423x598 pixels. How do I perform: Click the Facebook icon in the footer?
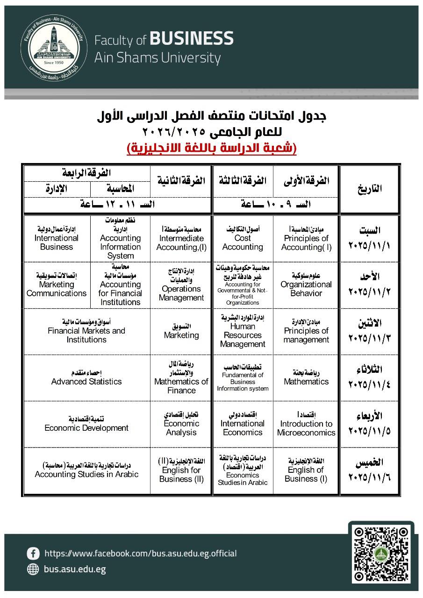pyautogui.click(x=33, y=554)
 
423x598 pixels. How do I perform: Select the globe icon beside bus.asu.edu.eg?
pyautogui.click(x=33, y=569)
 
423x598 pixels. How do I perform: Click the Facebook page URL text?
pyautogui.click(x=140, y=554)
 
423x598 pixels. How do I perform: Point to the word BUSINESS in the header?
pyautogui.click(x=192, y=39)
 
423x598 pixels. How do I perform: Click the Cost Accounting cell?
pyautogui.click(x=243, y=239)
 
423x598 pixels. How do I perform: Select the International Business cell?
pyautogui.click(x=57, y=239)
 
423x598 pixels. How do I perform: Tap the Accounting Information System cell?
pyautogui.click(x=120, y=239)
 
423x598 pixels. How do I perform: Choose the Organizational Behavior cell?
pyautogui.click(x=306, y=285)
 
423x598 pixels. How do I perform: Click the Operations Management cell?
pyautogui.click(x=181, y=285)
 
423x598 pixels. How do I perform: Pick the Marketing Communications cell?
pyautogui.click(x=57, y=285)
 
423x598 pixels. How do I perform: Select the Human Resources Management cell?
pyautogui.click(x=243, y=331)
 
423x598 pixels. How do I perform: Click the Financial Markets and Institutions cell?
pyautogui.click(x=86, y=331)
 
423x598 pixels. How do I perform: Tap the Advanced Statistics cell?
pyautogui.click(x=86, y=378)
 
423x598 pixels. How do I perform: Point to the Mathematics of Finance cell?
pyautogui.click(x=181, y=378)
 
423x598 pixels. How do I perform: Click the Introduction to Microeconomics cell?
pyautogui.click(x=306, y=424)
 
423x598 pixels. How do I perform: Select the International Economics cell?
pyautogui.click(x=243, y=424)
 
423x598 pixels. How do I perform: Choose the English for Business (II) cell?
pyautogui.click(x=181, y=471)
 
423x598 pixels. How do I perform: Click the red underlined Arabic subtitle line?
pyautogui.click(x=211, y=149)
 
